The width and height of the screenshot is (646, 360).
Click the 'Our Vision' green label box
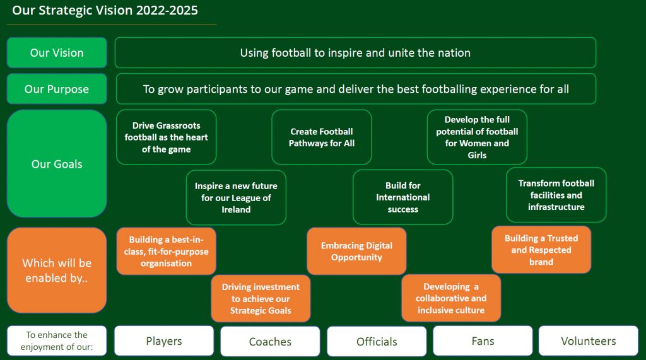click(x=57, y=53)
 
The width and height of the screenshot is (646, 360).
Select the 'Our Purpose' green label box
click(x=57, y=89)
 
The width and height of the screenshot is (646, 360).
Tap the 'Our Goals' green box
click(x=57, y=163)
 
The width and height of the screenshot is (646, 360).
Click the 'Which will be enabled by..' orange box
click(x=57, y=270)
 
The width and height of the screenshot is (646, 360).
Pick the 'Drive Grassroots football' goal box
click(x=167, y=137)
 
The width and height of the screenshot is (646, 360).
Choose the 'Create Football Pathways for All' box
click(x=322, y=137)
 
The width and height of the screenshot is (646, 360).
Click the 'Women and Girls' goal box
click(x=477, y=137)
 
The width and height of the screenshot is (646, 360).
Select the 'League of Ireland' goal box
click(x=236, y=198)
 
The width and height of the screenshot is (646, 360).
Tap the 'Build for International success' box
click(x=403, y=197)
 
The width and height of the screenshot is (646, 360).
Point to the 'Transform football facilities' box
click(x=556, y=195)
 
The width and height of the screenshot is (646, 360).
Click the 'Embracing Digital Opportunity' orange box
click(x=357, y=252)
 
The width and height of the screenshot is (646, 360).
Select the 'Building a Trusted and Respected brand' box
click(x=541, y=250)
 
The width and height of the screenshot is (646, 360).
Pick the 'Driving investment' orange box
click(x=261, y=299)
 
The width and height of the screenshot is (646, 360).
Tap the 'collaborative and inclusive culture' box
click(x=451, y=298)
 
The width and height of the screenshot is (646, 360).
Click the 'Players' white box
click(x=164, y=340)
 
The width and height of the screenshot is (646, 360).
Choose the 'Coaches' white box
click(x=270, y=342)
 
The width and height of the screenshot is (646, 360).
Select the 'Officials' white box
click(x=377, y=342)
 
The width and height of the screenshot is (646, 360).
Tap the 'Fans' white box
click(x=483, y=340)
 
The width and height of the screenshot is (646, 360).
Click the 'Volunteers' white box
click(x=589, y=340)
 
